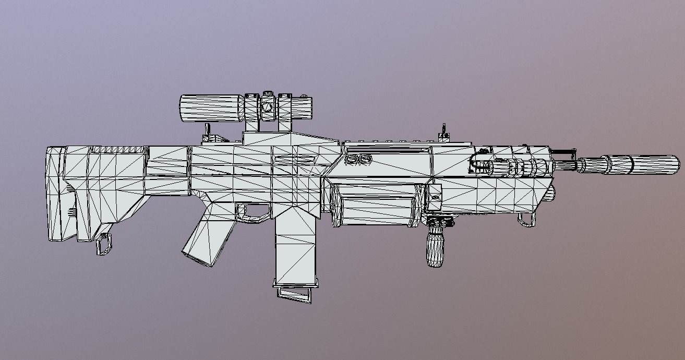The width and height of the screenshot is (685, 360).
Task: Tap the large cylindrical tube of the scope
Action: pyautogui.click(x=209, y=108)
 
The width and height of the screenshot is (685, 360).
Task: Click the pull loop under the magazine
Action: pyautogui.click(x=295, y=293)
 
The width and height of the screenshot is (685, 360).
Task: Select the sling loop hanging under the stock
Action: pyautogui.click(x=104, y=244)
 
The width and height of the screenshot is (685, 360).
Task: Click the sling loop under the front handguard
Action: pyautogui.click(x=526, y=221)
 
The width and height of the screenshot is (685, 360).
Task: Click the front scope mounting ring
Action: pyautogui.click(x=285, y=113)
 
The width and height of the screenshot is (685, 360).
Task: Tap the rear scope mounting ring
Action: pyautogui.click(x=251, y=112)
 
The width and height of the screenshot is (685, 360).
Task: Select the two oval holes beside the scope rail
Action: pyautogui.click(x=359, y=159)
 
